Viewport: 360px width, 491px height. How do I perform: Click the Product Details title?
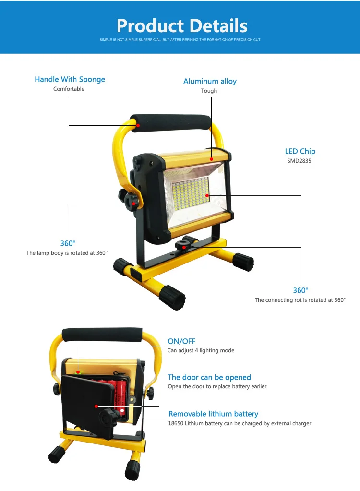(x=182, y=25)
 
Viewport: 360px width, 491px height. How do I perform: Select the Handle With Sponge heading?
(x=70, y=79)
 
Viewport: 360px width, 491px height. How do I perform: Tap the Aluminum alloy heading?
(x=210, y=81)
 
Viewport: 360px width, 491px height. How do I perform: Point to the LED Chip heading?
(x=300, y=151)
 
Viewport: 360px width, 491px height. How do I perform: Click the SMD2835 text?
(x=299, y=161)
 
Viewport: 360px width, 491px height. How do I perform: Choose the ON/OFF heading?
(x=181, y=341)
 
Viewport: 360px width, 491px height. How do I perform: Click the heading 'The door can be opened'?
(x=209, y=377)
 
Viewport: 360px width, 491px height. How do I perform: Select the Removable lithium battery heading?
(x=213, y=414)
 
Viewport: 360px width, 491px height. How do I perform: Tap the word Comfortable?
(x=69, y=89)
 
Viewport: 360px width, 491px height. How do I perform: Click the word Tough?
(x=209, y=91)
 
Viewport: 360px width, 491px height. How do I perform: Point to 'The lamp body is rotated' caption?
(x=67, y=253)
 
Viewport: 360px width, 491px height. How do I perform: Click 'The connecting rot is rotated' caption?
(x=300, y=300)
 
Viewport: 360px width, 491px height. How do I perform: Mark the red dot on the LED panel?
(x=208, y=195)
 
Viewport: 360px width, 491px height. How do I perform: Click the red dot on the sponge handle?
(x=138, y=125)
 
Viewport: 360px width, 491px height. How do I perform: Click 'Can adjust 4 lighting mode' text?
(x=201, y=350)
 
